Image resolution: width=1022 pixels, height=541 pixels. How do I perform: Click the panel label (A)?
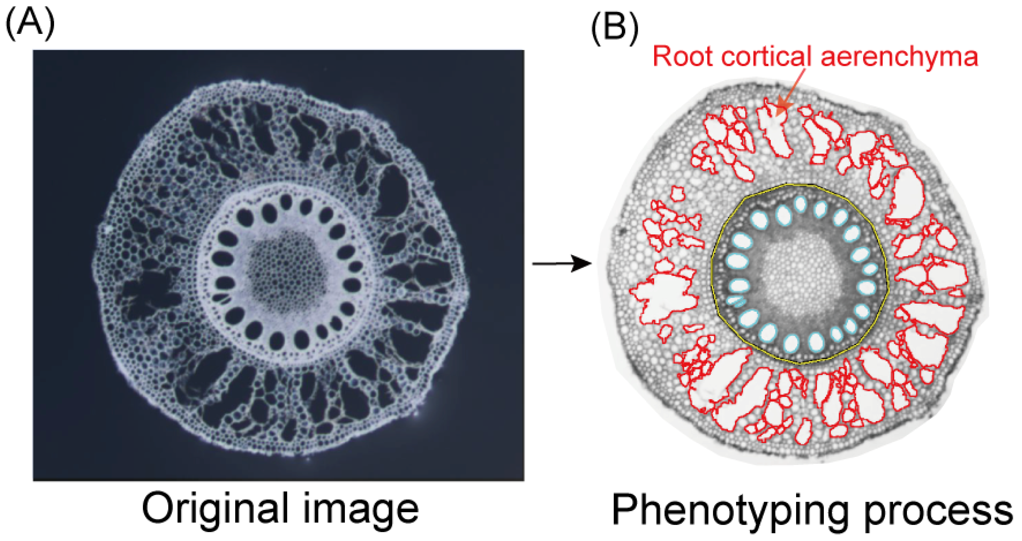[x=30, y=23]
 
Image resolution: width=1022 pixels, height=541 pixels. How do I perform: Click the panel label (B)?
[x=615, y=27]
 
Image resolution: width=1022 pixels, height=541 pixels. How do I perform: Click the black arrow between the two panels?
[x=561, y=263]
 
